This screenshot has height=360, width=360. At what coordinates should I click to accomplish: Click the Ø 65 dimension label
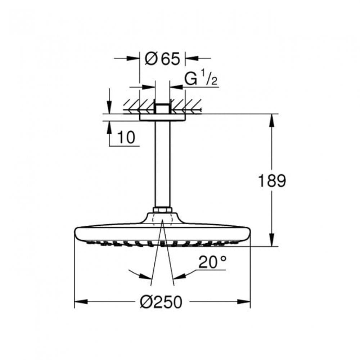(x=162, y=58)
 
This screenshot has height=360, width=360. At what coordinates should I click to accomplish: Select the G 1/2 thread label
(x=201, y=79)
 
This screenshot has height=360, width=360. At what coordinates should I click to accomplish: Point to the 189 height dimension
(x=272, y=181)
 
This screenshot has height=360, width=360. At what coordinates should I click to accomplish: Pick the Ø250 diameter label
(x=161, y=302)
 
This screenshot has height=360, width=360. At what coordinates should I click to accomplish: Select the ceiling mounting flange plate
(x=162, y=117)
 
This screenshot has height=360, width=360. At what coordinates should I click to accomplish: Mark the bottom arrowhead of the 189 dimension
(x=272, y=242)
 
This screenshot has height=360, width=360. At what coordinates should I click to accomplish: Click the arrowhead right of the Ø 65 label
(x=189, y=58)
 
